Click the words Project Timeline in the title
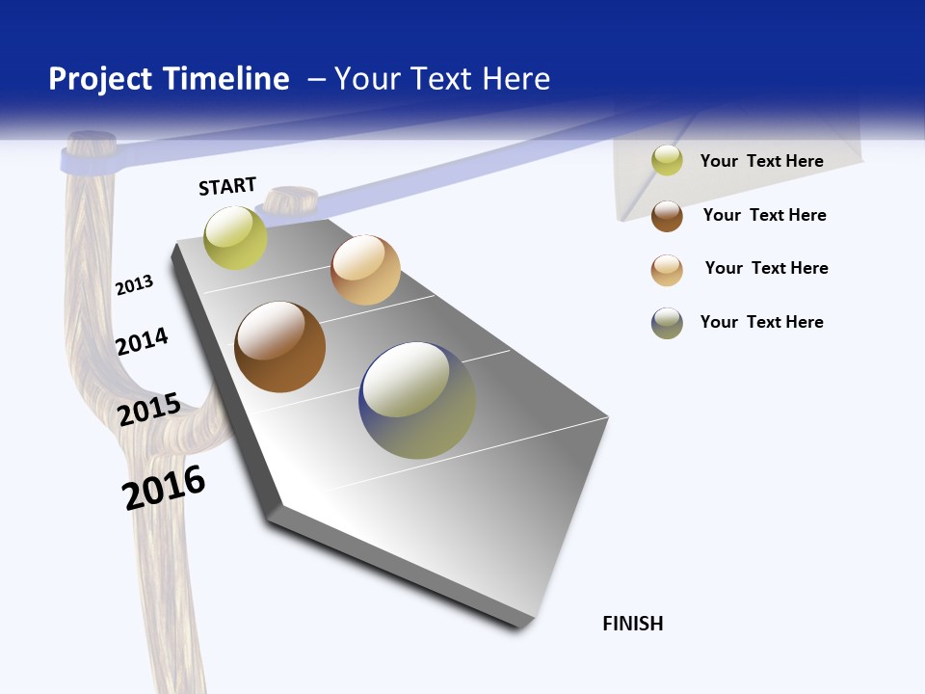[169, 79]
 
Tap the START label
[227, 186]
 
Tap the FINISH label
[632, 624]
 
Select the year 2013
[134, 285]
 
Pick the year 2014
[142, 341]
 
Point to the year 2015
[149, 410]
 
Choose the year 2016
[164, 488]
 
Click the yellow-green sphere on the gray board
[235, 237]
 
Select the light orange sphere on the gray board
[365, 270]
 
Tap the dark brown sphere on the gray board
[279, 347]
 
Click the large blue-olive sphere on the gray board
[417, 400]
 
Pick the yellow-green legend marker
[667, 161]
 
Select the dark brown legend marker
[667, 216]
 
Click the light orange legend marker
[667, 270]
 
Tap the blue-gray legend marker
[667, 323]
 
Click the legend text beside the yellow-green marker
[761, 161]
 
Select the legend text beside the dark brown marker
[764, 215]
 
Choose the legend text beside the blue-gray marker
[761, 322]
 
